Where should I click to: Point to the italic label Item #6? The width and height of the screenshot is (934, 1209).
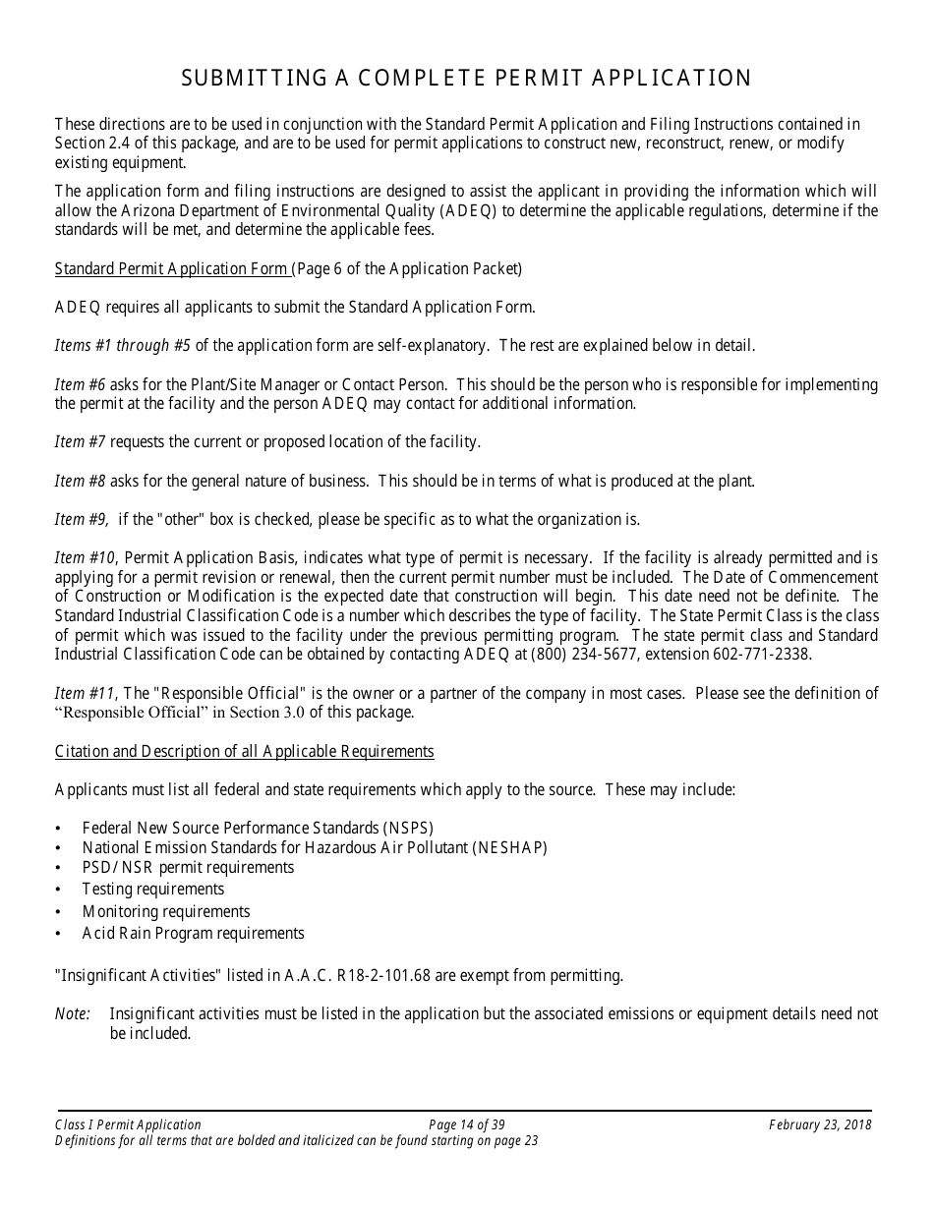[80, 384]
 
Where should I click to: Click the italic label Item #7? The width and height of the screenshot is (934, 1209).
[80, 442]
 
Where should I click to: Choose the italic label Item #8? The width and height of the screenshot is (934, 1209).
[80, 481]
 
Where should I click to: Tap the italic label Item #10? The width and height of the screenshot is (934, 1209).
[85, 557]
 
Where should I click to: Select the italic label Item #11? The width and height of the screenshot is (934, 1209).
[85, 693]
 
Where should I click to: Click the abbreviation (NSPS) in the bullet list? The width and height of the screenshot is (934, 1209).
[398, 828]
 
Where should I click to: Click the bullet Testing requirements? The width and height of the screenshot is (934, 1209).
[152, 890]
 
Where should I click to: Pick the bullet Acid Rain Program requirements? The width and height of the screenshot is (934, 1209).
[193, 933]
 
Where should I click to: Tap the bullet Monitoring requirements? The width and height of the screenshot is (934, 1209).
[165, 911]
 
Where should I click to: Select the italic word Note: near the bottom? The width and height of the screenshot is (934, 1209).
[73, 1013]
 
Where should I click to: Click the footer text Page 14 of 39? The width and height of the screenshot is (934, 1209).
[467, 1125]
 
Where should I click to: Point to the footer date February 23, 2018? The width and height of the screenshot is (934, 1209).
[820, 1125]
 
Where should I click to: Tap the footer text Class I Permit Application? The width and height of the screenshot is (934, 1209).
[128, 1125]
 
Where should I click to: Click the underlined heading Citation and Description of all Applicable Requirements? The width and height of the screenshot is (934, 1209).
[244, 751]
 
